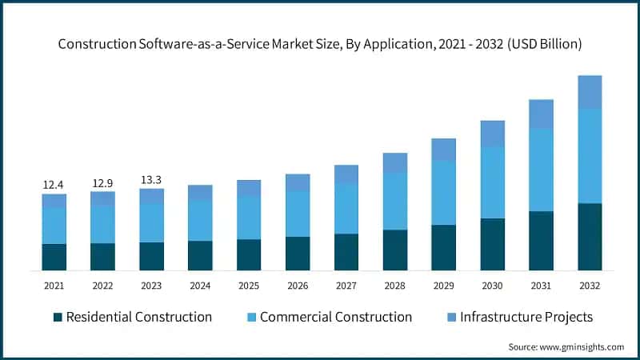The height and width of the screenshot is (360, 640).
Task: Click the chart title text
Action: click(320, 45)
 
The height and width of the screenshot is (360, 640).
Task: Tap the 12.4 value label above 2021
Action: click(54, 185)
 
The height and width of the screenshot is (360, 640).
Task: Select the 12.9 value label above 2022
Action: click(102, 183)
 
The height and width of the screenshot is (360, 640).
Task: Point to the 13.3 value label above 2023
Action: click(151, 179)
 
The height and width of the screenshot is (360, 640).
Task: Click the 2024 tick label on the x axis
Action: click(200, 286)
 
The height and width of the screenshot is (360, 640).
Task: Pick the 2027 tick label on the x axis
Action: click(346, 286)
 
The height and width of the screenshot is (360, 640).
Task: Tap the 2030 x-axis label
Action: click(492, 286)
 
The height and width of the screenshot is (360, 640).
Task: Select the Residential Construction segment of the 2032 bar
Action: click(590, 237)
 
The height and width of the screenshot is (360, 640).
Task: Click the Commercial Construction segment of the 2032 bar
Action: click(590, 156)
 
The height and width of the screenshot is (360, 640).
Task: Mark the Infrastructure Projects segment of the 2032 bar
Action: click(590, 92)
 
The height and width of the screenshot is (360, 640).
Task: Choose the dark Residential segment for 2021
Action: click(54, 257)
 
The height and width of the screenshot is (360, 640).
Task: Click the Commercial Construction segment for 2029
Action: click(443, 192)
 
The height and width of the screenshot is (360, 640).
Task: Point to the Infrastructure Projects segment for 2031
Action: click(541, 114)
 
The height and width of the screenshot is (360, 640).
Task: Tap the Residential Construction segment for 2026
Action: click(298, 253)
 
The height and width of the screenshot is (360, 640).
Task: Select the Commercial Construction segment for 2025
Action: click(249, 218)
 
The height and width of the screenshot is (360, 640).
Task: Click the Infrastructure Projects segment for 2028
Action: click(394, 162)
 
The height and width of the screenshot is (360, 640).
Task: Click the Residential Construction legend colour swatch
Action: click(58, 318)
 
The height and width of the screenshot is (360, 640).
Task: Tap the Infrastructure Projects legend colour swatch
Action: click(452, 318)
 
